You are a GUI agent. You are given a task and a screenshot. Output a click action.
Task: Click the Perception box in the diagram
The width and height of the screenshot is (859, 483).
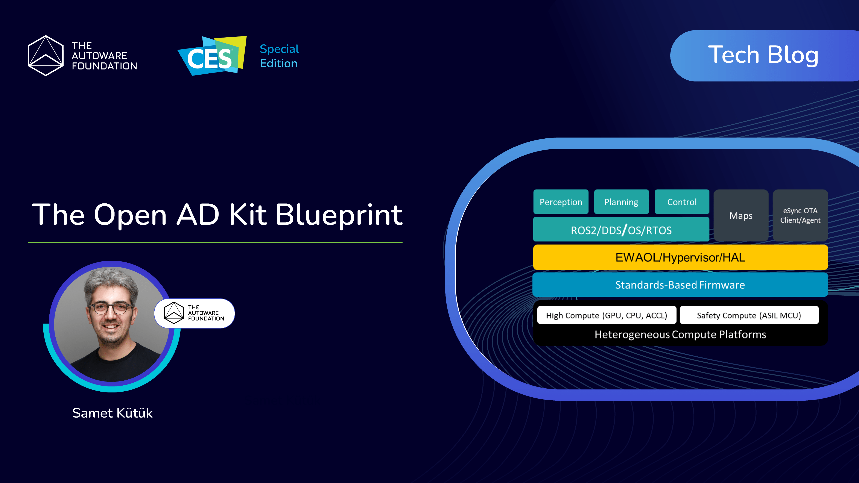pos(561,202)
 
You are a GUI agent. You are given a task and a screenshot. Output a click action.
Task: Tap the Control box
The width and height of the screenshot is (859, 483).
pos(682,202)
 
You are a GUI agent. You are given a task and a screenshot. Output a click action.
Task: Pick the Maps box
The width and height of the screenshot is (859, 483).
pos(741,215)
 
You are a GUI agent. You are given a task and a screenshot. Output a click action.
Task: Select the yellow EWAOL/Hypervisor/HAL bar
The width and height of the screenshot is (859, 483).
pos(680,257)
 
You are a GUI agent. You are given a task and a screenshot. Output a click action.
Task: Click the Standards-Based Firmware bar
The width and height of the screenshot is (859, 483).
pos(680,285)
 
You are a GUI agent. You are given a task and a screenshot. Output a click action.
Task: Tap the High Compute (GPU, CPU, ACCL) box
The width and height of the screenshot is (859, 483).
pos(606,315)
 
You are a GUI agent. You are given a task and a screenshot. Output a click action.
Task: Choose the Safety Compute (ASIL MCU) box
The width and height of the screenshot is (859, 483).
pos(749,315)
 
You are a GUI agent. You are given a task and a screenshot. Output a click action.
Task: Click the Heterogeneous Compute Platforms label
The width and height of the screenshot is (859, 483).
pos(680,334)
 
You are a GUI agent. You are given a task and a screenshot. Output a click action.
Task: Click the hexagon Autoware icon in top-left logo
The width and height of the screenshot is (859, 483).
pos(46,56)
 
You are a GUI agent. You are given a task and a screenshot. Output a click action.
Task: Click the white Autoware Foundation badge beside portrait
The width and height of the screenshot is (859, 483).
pos(195,313)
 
